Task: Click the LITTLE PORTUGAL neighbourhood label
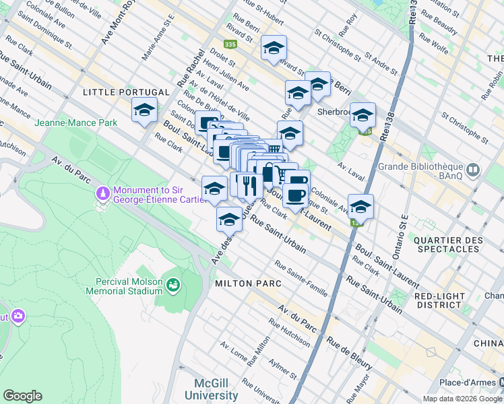point(126,92)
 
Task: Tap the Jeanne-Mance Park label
point(76,123)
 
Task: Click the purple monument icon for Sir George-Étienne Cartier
point(102,194)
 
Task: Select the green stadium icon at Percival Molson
point(174,285)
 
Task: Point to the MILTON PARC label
point(248,283)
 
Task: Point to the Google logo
point(22,396)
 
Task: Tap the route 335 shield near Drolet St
point(231,44)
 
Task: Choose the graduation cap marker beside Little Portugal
point(144,110)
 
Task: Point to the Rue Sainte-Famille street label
point(301,279)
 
